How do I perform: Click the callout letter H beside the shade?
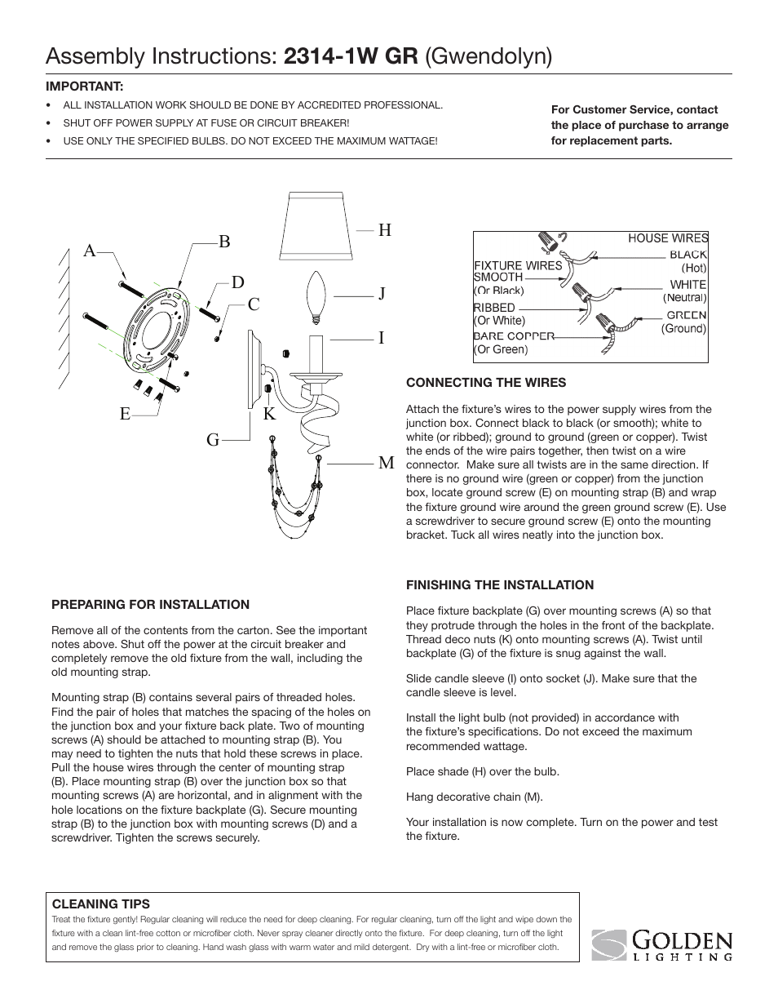click(x=385, y=230)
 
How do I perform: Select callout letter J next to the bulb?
click(x=382, y=294)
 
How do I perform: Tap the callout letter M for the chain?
click(x=386, y=463)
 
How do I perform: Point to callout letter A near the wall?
click(x=91, y=251)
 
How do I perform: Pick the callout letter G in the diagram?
click(x=213, y=440)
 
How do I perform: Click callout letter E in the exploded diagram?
click(x=125, y=414)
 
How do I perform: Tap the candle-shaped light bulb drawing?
click(x=315, y=298)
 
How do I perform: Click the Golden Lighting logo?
click(x=661, y=945)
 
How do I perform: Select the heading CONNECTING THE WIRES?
click(x=486, y=382)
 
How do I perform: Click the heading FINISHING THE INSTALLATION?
click(x=500, y=584)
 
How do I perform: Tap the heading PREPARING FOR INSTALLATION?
click(x=150, y=604)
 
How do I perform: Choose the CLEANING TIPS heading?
click(x=101, y=904)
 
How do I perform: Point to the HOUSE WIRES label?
click(x=668, y=238)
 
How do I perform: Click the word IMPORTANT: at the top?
click(x=84, y=86)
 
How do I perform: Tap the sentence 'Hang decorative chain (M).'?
click(x=474, y=797)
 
